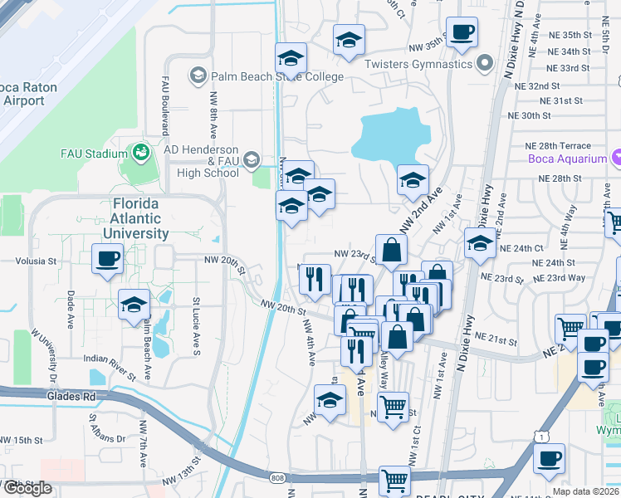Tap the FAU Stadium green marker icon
point(140,153)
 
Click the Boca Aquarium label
point(567,159)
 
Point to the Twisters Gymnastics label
point(418,64)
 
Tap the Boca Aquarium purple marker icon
point(617,158)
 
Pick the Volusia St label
point(35,261)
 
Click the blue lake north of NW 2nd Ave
point(389,135)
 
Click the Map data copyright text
point(586,491)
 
